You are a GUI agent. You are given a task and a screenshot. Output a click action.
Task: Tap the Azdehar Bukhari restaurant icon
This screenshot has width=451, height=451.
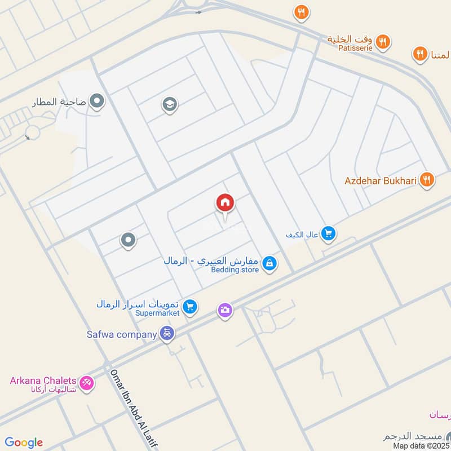pyautogui.click(x=427, y=180)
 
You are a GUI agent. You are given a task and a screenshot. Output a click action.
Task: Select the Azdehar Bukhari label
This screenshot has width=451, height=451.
pyautogui.click(x=381, y=181)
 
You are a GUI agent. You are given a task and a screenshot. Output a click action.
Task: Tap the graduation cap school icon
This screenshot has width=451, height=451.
pyautogui.click(x=170, y=104)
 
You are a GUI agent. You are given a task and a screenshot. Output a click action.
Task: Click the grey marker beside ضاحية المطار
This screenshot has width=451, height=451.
pyautogui.click(x=97, y=101)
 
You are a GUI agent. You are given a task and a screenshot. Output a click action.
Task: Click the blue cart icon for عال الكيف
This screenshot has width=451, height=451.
pyautogui.click(x=329, y=233)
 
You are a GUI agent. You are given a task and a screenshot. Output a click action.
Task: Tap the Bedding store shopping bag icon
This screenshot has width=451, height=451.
pyautogui.click(x=270, y=263)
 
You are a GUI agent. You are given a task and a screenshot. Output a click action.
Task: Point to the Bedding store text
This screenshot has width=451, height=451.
pyautogui.click(x=235, y=270)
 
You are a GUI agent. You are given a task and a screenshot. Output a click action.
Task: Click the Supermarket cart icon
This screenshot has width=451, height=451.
pyautogui.click(x=191, y=306)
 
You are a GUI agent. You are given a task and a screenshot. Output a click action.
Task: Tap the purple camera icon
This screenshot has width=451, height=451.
pyautogui.click(x=225, y=310)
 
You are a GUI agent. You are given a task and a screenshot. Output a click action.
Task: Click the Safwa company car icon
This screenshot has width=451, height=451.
pyautogui.click(x=167, y=334)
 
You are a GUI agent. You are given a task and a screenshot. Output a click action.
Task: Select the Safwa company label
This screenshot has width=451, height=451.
pyautogui.click(x=121, y=334)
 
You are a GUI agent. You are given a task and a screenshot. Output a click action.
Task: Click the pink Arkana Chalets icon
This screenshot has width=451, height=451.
pyautogui.click(x=87, y=383)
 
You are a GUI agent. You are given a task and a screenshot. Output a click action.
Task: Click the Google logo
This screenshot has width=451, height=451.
pyautogui.click(x=24, y=442)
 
